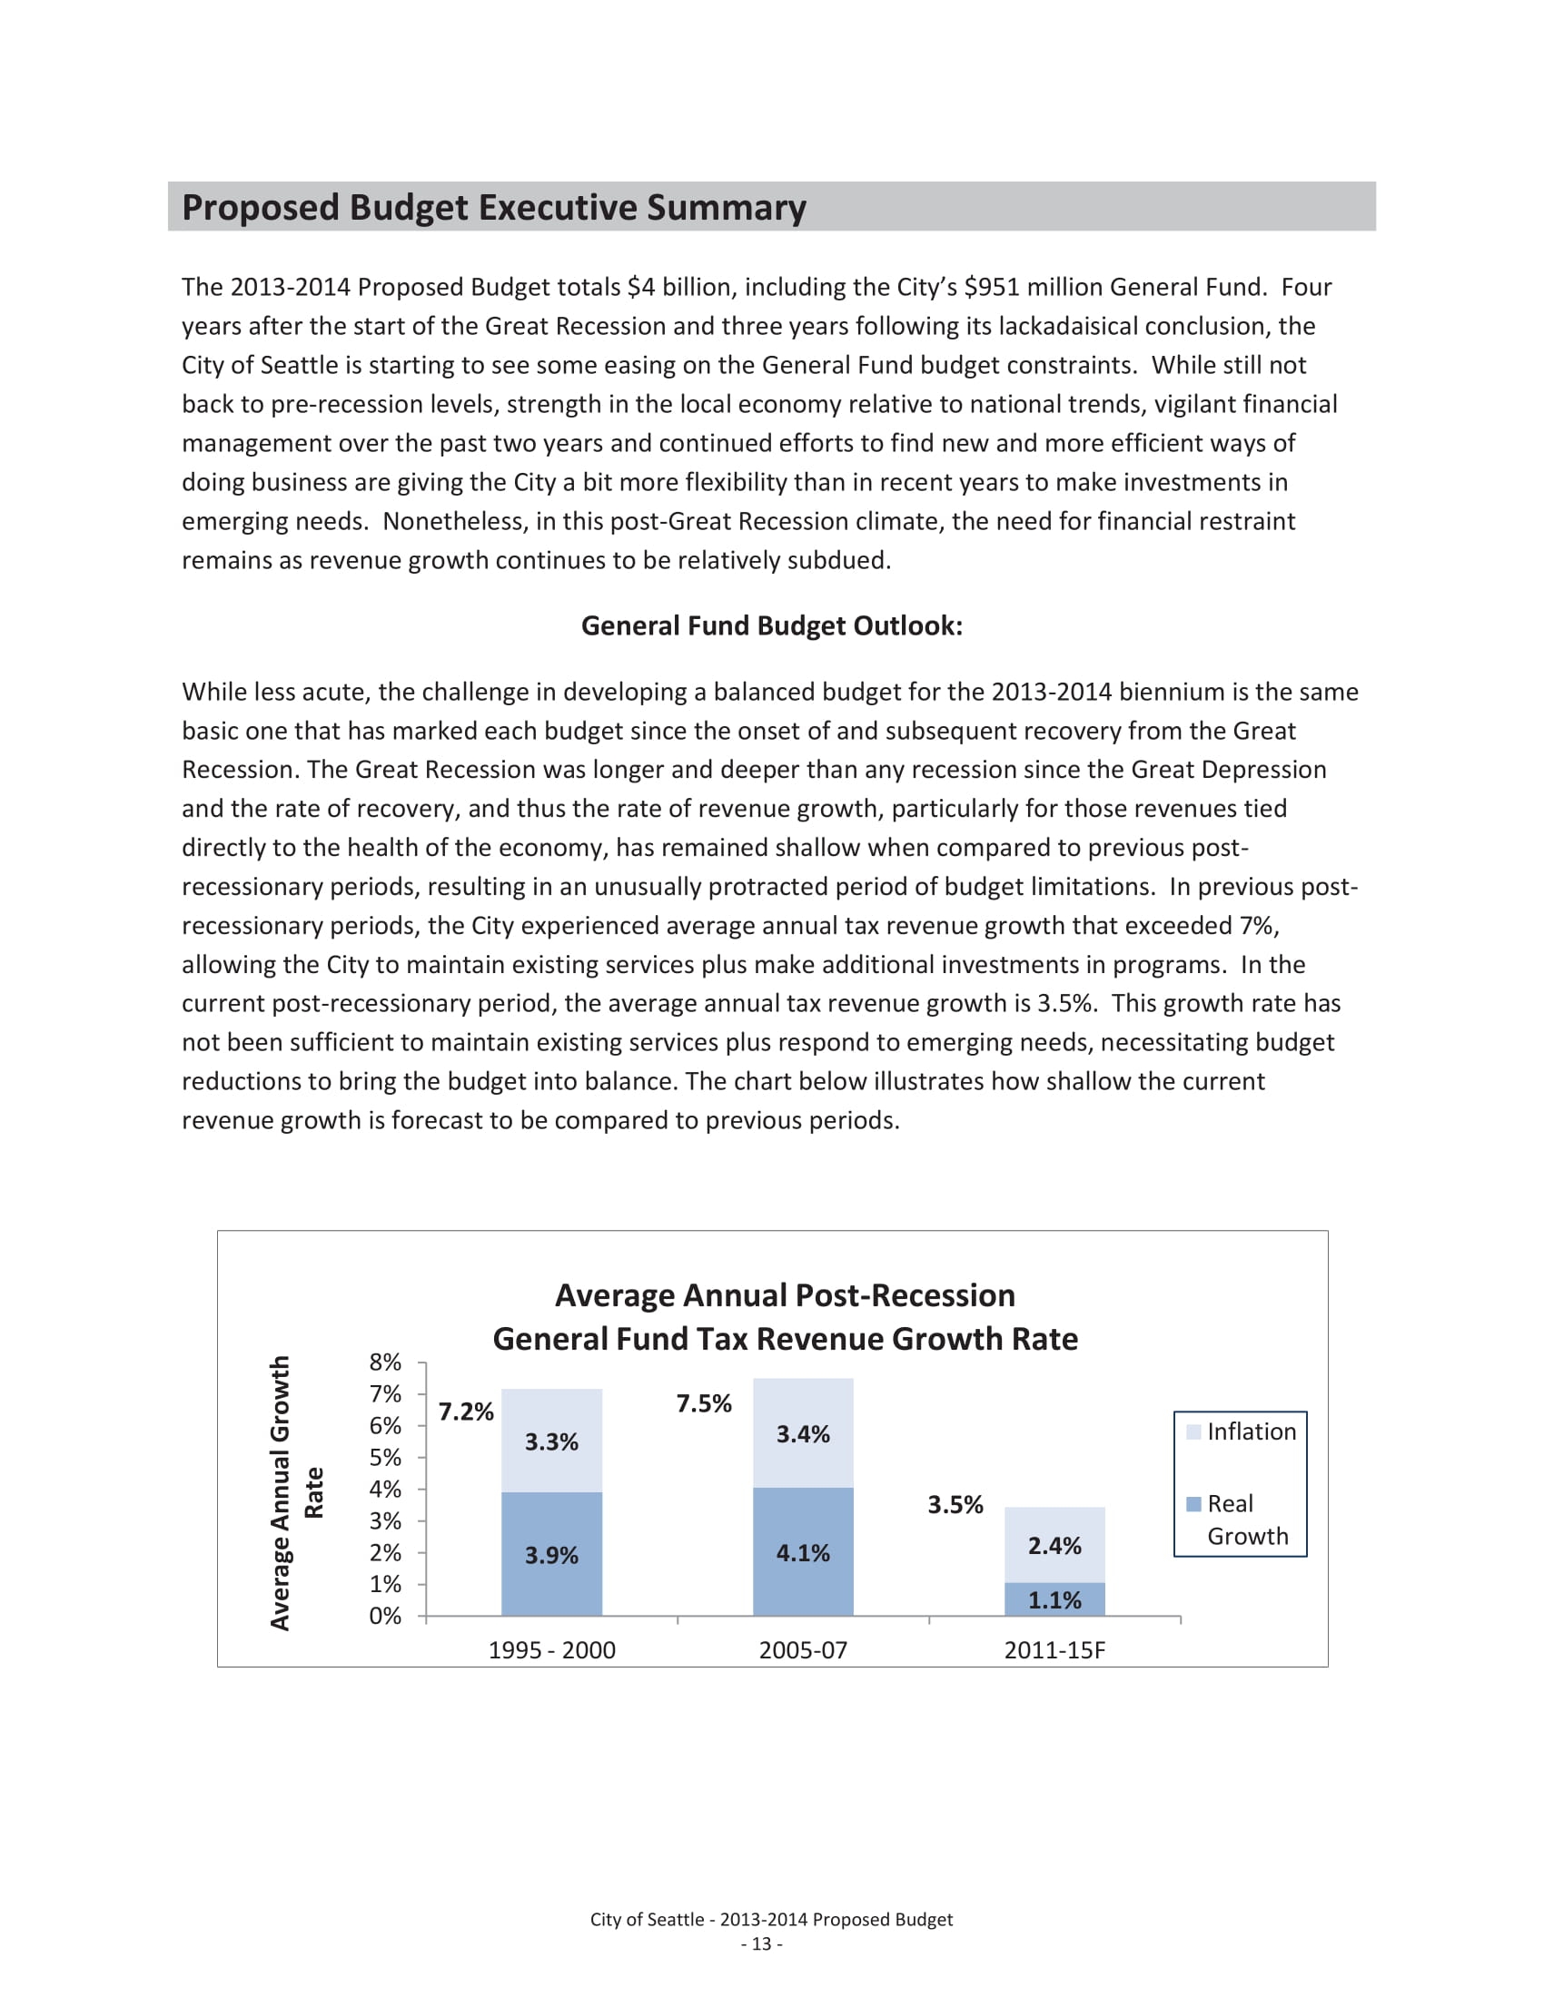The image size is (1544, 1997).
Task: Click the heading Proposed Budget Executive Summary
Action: tap(493, 208)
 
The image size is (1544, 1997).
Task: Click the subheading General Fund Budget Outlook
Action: tap(771, 625)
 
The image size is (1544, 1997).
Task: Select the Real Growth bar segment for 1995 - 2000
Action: tap(551, 1554)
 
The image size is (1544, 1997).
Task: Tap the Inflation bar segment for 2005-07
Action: tap(803, 1432)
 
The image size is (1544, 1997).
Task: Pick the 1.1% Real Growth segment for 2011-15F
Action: tap(1054, 1599)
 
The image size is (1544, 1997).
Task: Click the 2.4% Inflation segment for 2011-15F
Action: tap(1054, 1545)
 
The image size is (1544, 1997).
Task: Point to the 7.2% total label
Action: tap(466, 1412)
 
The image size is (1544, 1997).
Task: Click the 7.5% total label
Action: tap(703, 1403)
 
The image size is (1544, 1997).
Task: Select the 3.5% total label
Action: tap(955, 1504)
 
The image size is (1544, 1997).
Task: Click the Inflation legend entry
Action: tap(1242, 1431)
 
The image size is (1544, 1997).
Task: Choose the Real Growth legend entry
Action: tap(1242, 1519)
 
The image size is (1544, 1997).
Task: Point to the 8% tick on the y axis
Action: tap(385, 1362)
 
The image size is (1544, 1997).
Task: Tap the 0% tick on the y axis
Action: tap(385, 1616)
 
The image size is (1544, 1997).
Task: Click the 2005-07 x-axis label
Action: tap(803, 1650)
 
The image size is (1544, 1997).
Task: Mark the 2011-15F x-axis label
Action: tap(1054, 1650)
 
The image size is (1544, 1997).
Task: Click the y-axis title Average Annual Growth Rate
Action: tap(295, 1492)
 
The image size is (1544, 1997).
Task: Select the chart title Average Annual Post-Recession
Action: tap(785, 1295)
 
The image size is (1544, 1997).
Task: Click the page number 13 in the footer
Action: tap(761, 1944)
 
